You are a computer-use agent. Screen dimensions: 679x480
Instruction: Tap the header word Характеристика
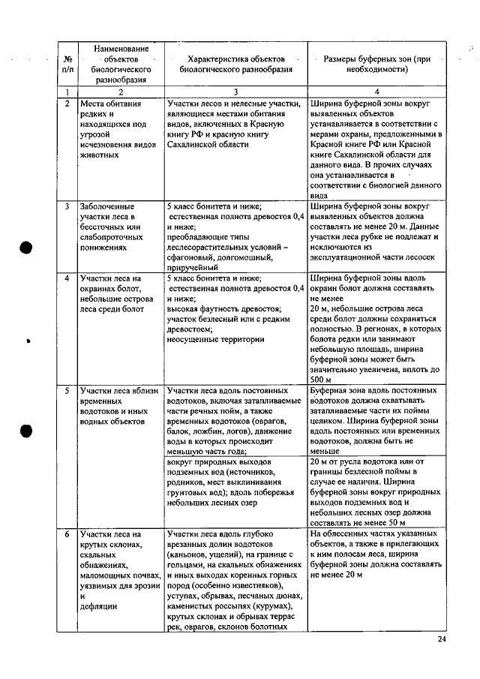214,57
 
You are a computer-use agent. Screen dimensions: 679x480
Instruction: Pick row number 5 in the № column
67,391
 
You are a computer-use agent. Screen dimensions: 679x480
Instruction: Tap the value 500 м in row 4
319,380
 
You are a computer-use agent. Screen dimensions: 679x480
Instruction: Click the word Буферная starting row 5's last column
329,391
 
